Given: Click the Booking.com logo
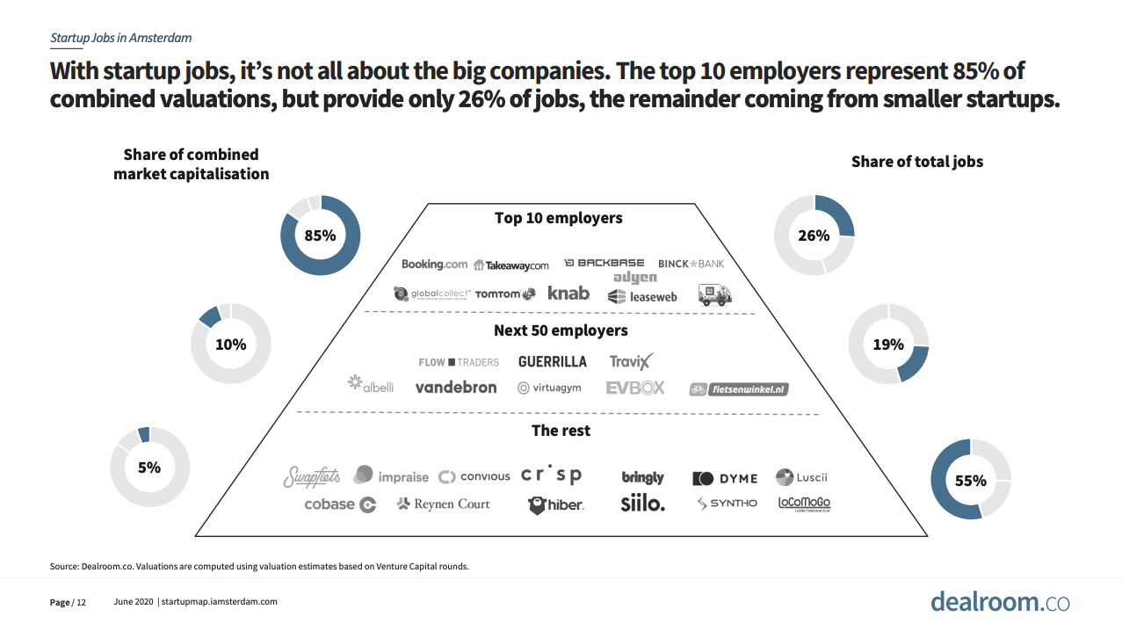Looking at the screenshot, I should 434,264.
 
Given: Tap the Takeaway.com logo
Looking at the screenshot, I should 510,265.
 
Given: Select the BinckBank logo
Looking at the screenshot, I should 691,264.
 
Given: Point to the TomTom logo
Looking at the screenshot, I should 504,294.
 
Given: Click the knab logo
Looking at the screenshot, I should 568,294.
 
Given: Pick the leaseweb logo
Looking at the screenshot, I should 642,297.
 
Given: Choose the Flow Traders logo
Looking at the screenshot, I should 459,362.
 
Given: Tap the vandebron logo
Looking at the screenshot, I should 455,388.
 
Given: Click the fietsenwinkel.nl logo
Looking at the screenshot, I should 739,388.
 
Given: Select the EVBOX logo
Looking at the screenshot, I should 634,388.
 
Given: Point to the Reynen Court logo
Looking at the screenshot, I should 444,504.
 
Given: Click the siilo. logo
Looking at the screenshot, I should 642,504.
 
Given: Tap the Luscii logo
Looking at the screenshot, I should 801,477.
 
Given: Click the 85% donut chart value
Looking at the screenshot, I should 320,236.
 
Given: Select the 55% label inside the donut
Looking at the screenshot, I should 970,481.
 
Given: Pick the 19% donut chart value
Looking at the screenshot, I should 888,345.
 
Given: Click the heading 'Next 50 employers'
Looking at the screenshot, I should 561,330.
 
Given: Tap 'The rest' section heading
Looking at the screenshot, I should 561,431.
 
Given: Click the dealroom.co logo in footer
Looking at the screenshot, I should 1000,602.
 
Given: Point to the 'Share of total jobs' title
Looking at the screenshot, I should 917,162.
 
